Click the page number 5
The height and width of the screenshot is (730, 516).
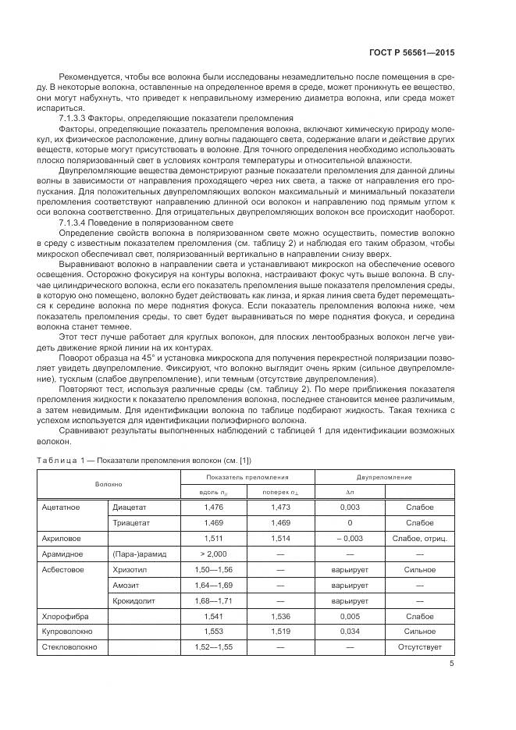point(451,664)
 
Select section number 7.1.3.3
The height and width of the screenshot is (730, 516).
point(77,117)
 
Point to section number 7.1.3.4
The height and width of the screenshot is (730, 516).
point(77,223)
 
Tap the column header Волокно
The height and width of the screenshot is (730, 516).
point(109,483)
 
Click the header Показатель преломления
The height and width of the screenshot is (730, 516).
point(247,476)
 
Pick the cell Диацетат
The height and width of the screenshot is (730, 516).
point(129,507)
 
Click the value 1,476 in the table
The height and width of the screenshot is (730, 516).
point(213,507)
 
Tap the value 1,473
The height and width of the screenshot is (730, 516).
point(280,507)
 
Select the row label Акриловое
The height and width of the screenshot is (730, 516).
point(62,538)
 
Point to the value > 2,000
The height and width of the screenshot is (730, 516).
point(213,554)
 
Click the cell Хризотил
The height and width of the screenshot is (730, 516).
point(130,570)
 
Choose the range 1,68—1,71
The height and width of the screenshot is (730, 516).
point(213,600)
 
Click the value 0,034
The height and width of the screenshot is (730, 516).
point(349,632)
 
